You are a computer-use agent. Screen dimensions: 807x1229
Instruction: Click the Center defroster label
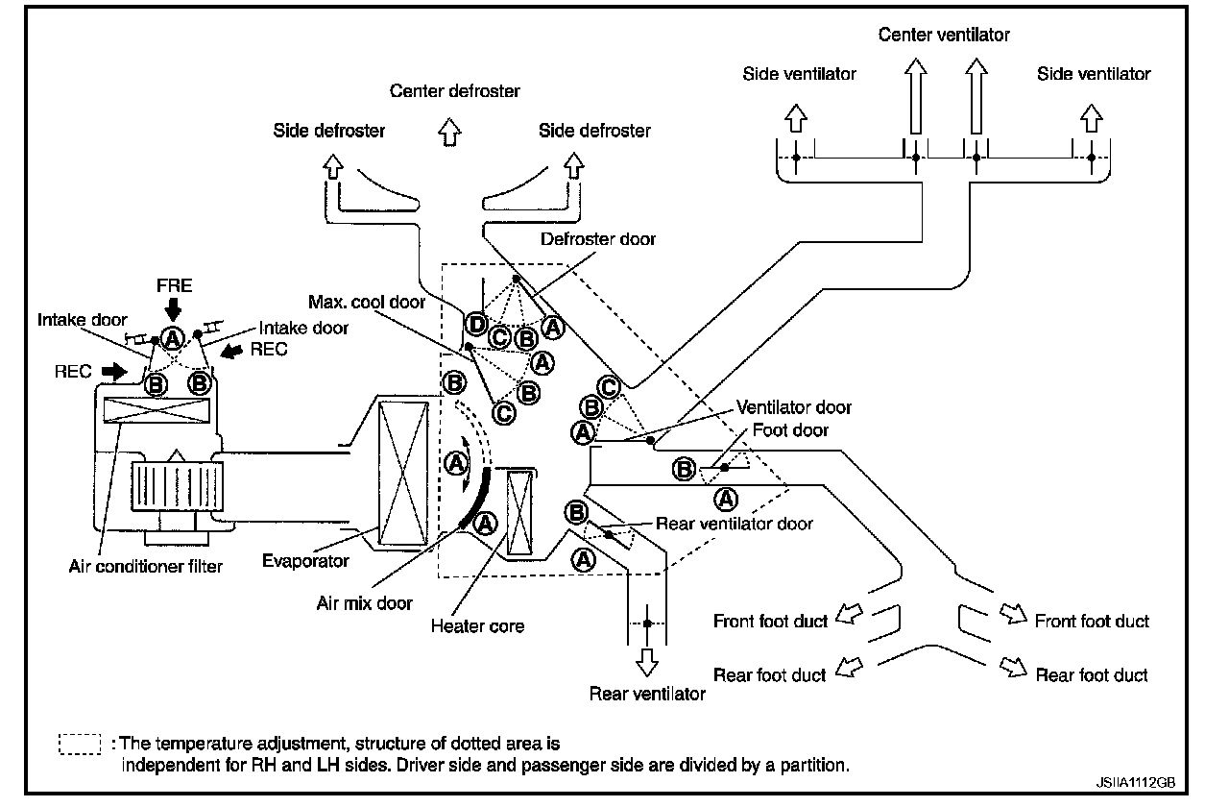455,91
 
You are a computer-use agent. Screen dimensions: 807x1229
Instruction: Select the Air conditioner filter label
146,566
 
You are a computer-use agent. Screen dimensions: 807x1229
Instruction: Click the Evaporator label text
306,560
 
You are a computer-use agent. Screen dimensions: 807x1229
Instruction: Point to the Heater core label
477,625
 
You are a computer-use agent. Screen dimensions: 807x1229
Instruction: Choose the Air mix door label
364,603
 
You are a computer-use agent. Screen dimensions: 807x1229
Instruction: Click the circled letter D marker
476,324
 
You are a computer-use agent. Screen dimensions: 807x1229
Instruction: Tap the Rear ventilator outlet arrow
648,661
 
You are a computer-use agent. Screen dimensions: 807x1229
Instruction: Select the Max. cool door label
367,302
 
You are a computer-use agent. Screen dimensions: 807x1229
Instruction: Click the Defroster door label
597,239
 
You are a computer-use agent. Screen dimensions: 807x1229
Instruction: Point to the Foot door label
791,429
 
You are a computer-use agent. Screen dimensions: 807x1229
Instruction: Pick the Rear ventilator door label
734,524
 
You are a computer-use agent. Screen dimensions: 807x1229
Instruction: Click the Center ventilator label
945,36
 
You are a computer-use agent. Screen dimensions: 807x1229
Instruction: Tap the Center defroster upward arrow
448,133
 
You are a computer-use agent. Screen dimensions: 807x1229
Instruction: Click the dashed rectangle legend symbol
80,745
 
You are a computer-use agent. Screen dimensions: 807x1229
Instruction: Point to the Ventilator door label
794,407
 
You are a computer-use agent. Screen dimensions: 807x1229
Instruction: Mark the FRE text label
174,285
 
